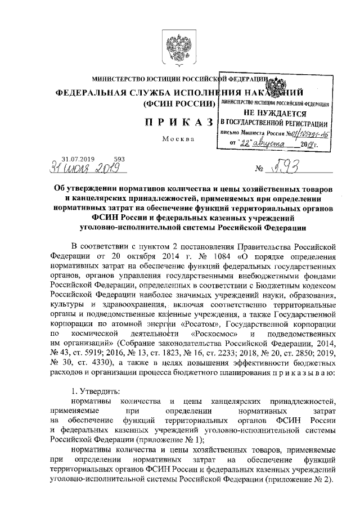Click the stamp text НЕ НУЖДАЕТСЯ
click(274, 113)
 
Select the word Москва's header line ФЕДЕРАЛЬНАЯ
click(93, 92)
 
